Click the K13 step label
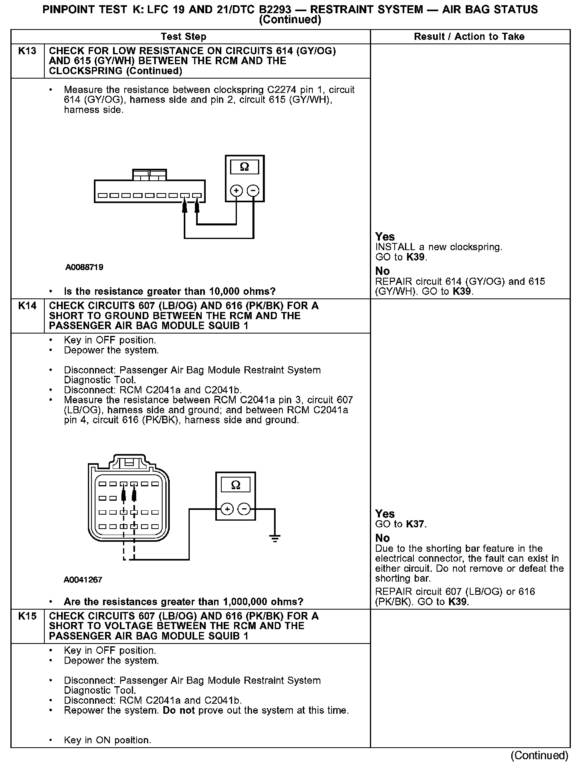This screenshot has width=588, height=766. pos(27,51)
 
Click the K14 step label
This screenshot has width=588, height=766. pos(27,306)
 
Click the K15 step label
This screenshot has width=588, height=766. pos(27,616)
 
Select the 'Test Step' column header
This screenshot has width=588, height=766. pos(183,37)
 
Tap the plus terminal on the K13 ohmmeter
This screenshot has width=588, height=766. pos(236,191)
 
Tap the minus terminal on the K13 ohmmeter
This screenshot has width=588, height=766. pos(253,191)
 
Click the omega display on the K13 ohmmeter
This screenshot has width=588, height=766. pos(244,167)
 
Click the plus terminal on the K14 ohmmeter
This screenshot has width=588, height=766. pos(227,509)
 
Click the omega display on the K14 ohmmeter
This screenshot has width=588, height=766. pos(236,485)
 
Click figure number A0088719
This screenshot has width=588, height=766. pos(84,267)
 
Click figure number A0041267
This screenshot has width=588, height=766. pos(83,580)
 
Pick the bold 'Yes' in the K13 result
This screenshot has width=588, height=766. pos(385,237)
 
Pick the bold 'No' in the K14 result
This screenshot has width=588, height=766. pos(382,538)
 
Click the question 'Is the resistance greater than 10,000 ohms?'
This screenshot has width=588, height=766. pos(169,291)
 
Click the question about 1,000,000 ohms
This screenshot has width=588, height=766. pos(183,602)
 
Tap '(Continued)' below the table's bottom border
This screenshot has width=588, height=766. pos(539,755)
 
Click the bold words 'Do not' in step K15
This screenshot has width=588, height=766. pos(179,711)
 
